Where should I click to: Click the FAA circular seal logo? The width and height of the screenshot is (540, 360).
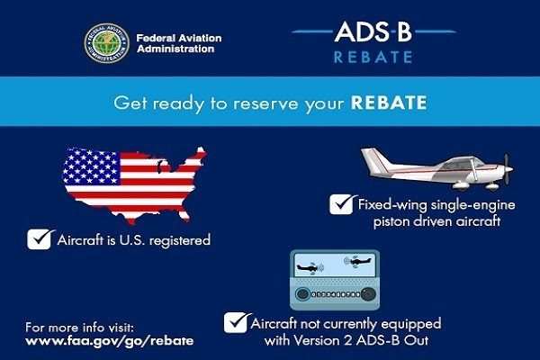107,42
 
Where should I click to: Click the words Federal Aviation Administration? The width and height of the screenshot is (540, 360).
176,42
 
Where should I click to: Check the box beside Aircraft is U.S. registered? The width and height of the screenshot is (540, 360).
40,239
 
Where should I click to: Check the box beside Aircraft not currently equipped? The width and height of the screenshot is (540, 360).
236,321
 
